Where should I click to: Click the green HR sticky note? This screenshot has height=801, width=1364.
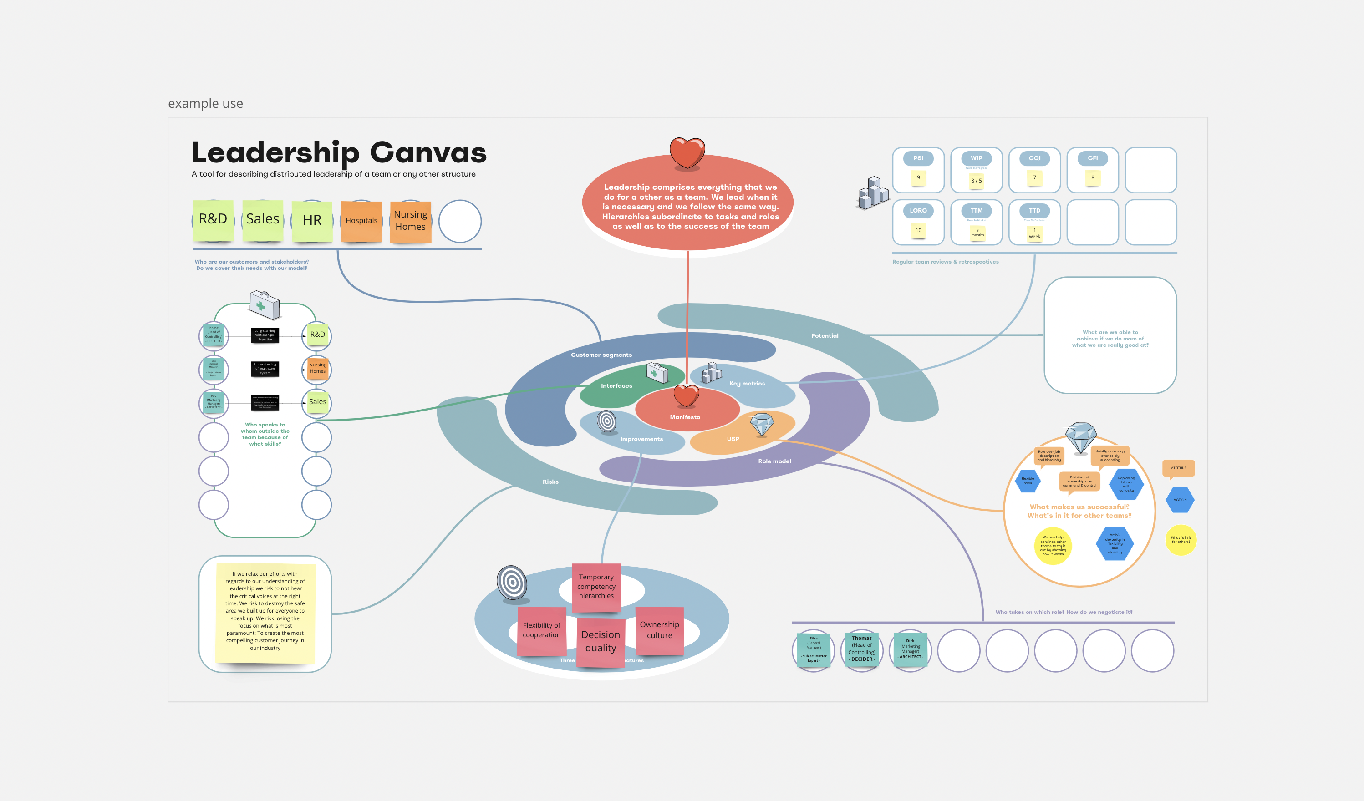pos(312,221)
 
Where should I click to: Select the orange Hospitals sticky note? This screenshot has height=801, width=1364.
pos(361,221)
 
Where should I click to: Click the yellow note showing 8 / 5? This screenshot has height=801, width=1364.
pos(976,181)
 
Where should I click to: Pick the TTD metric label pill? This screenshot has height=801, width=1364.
pos(1034,211)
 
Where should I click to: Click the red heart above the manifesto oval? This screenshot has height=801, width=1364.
pos(687,152)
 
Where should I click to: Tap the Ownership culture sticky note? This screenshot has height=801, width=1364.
pos(659,630)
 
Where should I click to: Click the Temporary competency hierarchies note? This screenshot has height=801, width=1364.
pos(596,587)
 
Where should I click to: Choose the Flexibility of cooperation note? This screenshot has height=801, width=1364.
pos(541,630)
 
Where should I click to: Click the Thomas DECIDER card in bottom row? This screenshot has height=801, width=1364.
pos(862,649)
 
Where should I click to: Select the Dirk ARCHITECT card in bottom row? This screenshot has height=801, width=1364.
pos(911,649)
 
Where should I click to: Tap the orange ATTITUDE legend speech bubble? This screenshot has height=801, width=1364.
pos(1178,468)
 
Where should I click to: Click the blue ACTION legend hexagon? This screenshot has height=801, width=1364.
pos(1180,500)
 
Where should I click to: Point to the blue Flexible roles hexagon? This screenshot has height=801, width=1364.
pos(1028,481)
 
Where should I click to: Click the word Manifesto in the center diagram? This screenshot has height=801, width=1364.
pos(685,417)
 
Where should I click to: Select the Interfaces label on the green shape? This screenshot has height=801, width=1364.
pos(616,386)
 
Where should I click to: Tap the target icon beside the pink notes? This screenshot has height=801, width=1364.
pos(512,583)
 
